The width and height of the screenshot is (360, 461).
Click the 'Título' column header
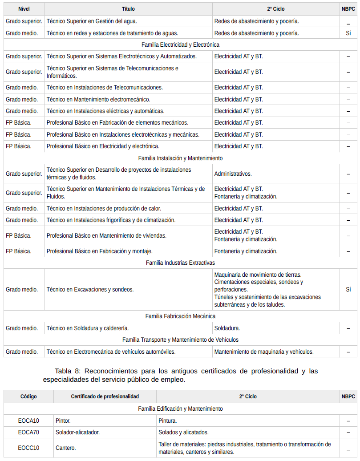click(128, 9)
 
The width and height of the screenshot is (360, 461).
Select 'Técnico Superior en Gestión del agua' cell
click(92, 21)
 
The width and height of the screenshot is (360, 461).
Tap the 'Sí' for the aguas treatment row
click(348, 33)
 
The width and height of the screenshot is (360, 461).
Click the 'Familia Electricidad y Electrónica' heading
click(180, 44)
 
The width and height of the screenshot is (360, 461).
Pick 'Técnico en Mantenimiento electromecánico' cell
click(98, 99)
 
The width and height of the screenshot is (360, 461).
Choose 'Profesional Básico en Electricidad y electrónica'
click(103, 146)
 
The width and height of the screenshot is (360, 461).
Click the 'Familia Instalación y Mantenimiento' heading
click(180, 158)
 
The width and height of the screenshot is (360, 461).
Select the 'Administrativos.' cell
click(233, 174)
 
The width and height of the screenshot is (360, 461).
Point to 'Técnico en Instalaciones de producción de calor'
click(104, 208)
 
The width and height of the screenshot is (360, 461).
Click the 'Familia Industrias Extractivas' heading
click(180, 263)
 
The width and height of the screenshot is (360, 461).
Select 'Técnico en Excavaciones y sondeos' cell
click(90, 289)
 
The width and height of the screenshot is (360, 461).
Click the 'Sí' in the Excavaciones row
click(348, 289)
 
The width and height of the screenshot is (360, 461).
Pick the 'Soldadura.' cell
click(227, 328)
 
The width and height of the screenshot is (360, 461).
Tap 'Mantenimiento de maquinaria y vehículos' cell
click(264, 352)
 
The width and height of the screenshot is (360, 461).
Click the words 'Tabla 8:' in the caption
click(67, 371)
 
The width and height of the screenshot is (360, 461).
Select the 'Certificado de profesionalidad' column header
click(105, 396)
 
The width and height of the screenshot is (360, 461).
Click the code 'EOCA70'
click(29, 432)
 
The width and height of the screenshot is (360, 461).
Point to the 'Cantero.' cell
click(66, 448)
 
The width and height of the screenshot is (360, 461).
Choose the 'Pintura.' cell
click(168, 421)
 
